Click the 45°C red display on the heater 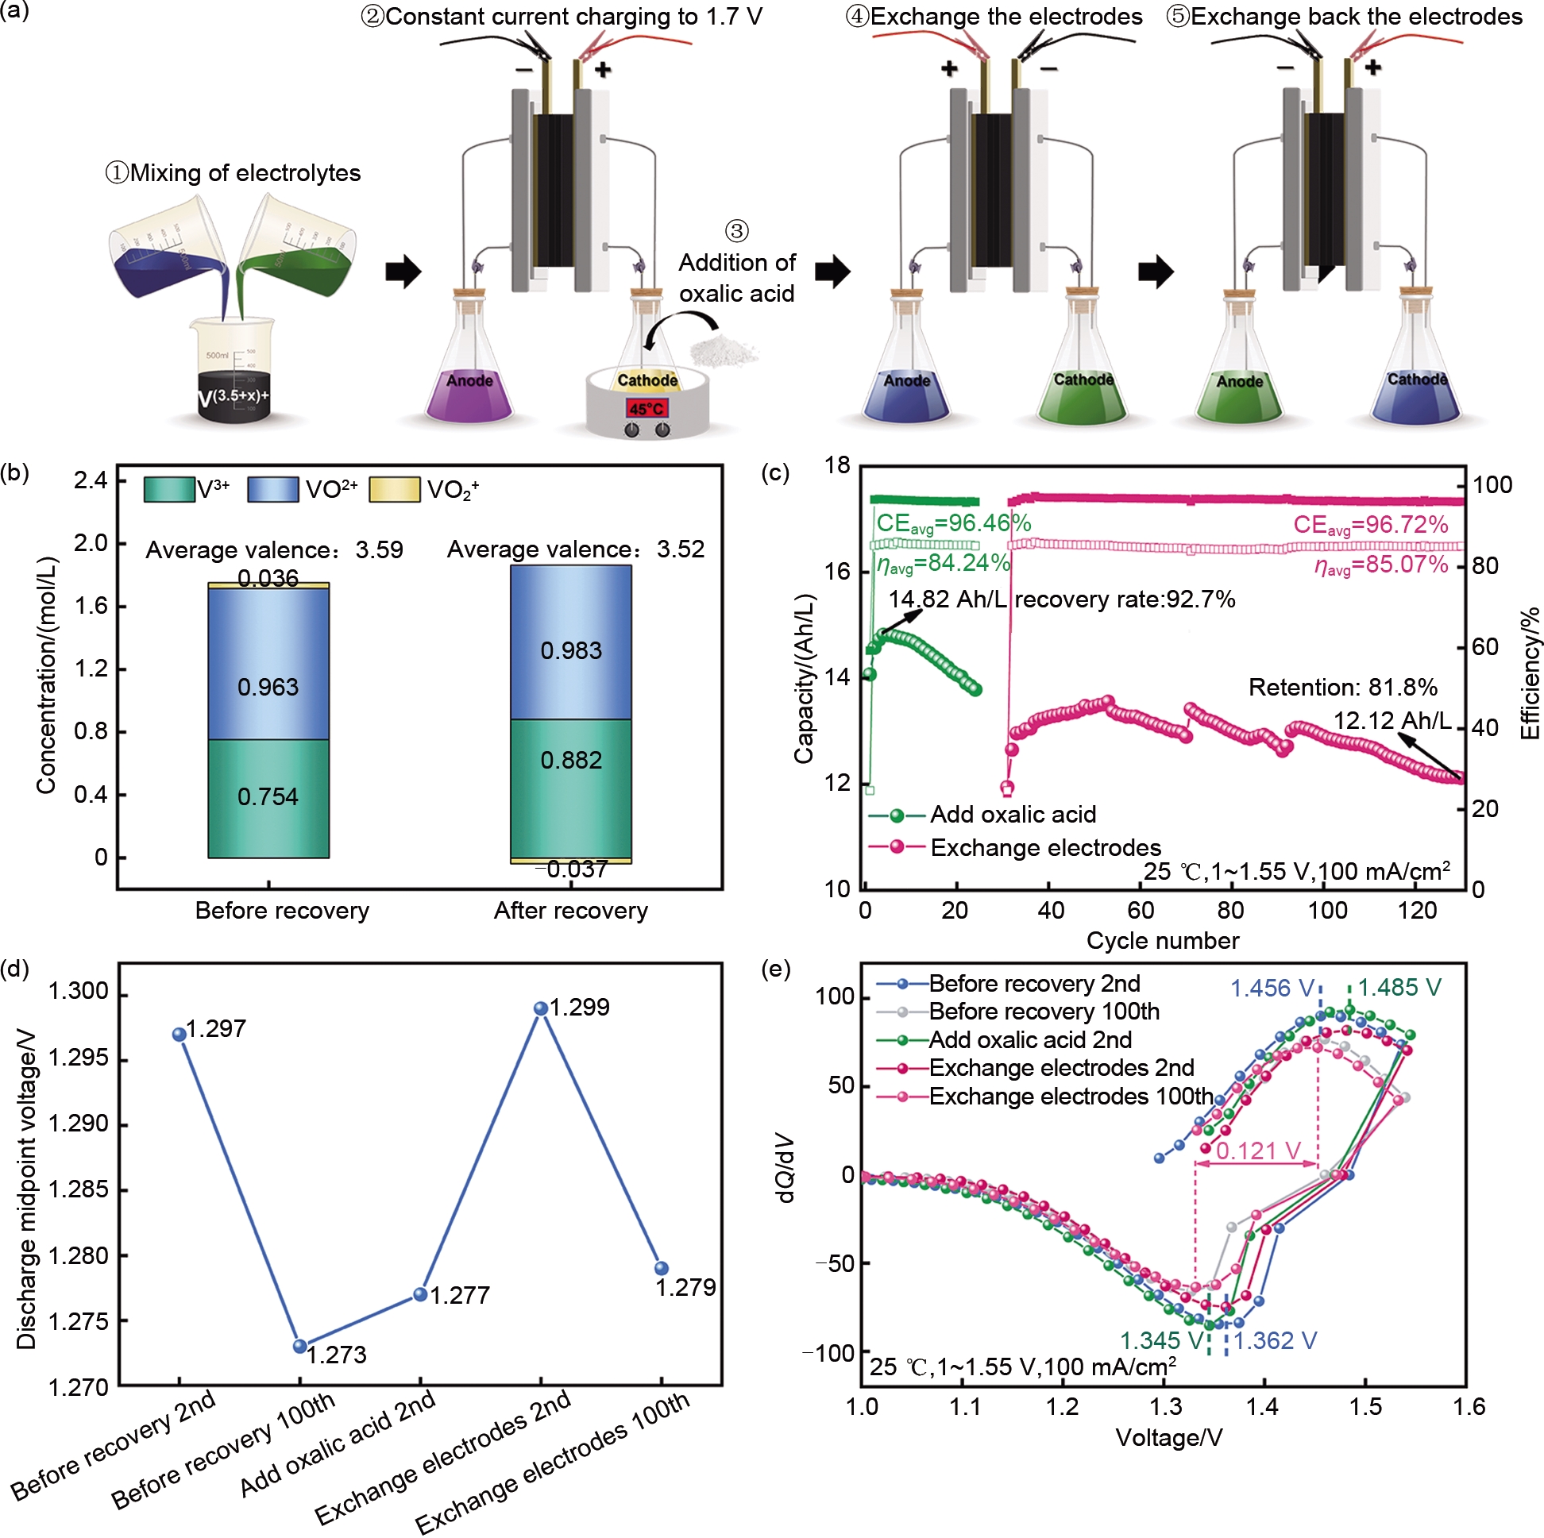tap(647, 409)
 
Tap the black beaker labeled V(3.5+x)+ tap(234, 395)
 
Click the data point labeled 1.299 tap(541, 1008)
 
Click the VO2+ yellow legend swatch tap(394, 489)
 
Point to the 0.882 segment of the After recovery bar tap(570, 760)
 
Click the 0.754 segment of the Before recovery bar tap(268, 796)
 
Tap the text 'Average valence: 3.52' tap(575, 549)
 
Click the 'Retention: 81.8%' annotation tap(1342, 687)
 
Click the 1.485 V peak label tap(1399, 988)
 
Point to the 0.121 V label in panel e tap(1258, 1151)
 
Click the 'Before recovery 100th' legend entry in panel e tap(1043, 1012)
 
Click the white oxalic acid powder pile tap(724, 350)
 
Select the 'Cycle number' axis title tap(1162, 940)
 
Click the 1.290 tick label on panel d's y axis tap(78, 1124)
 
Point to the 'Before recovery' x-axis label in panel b tap(282, 911)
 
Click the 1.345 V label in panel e tap(1161, 1340)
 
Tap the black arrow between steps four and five tap(1156, 272)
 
